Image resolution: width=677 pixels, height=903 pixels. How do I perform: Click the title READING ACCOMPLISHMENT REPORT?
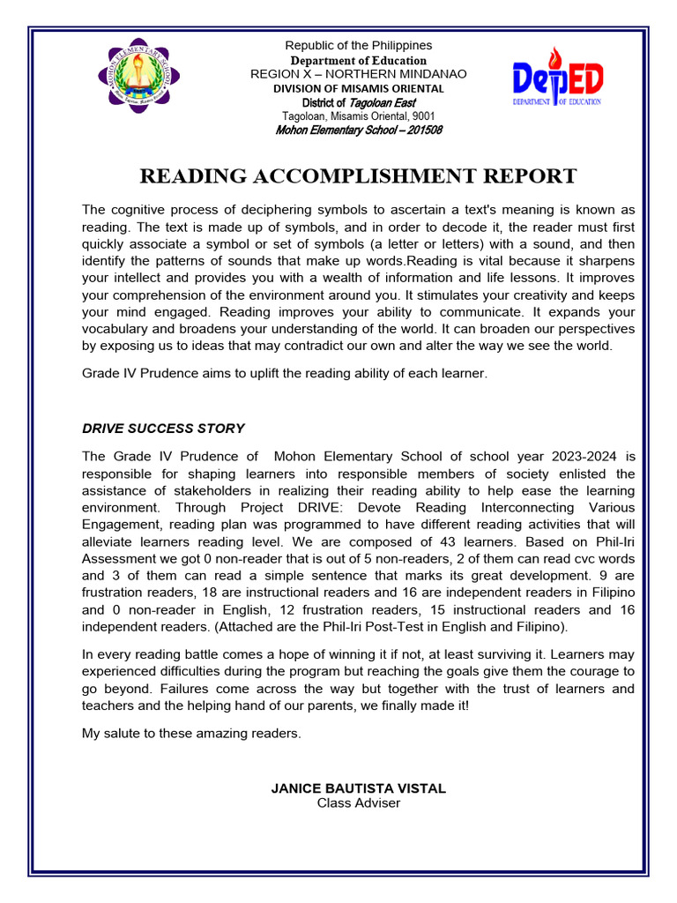pos(358,176)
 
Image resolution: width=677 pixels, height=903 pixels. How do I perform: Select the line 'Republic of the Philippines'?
pos(358,46)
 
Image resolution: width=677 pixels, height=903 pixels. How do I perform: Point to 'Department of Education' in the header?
pos(358,60)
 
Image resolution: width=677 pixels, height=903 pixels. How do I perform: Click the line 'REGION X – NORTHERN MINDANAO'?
pos(358,74)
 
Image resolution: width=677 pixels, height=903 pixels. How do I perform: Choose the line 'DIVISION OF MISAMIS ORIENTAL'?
pos(358,88)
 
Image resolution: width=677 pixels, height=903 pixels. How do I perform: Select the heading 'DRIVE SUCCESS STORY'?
pos(163,429)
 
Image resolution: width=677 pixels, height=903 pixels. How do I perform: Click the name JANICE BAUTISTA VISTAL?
pos(358,788)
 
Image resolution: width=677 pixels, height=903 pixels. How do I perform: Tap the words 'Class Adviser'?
pos(358,802)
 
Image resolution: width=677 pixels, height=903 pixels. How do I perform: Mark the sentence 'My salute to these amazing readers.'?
pos(191,734)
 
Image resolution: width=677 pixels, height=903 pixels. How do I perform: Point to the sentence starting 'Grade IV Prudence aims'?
pos(284,373)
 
